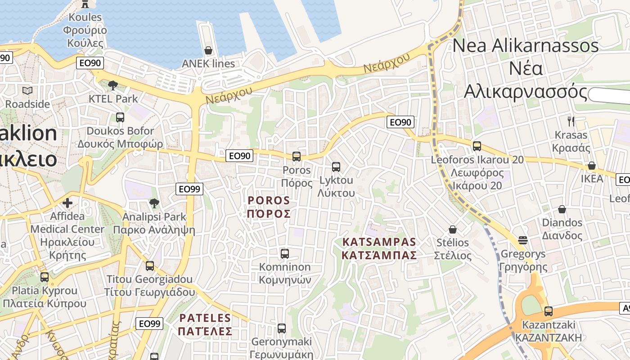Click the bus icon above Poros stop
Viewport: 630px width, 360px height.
296,157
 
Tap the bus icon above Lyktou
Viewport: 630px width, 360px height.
336,167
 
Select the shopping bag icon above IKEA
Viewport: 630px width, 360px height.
592,166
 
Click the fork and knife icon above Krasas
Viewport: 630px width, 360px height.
571,121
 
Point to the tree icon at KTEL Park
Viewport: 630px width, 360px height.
113,85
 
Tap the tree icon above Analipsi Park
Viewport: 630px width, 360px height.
154,203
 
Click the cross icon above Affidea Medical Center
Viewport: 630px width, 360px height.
67,203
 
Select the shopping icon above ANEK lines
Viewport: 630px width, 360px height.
208,50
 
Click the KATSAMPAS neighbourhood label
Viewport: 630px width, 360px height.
379,248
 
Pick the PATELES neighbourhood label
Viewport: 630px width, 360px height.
205,324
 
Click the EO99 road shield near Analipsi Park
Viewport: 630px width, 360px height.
189,189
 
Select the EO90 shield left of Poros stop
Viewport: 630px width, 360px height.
239,156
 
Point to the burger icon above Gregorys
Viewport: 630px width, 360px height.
522,240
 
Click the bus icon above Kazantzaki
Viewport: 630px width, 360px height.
548,311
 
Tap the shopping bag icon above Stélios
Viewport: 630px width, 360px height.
453,229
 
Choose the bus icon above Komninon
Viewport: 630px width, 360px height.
284,253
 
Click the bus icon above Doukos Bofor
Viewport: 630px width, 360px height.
120,117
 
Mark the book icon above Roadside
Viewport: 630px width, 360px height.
27,91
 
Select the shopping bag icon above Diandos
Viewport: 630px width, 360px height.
562,209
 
